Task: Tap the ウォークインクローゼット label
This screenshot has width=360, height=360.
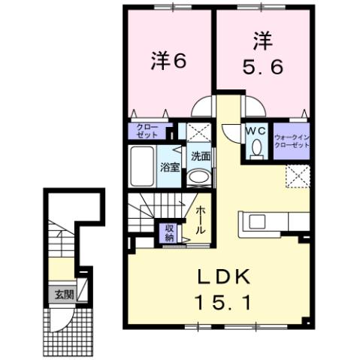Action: click(x=292, y=140)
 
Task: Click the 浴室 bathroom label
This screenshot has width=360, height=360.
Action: click(x=169, y=167)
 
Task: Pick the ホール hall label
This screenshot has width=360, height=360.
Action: click(x=201, y=219)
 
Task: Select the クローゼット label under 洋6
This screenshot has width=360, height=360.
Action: click(x=147, y=132)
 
